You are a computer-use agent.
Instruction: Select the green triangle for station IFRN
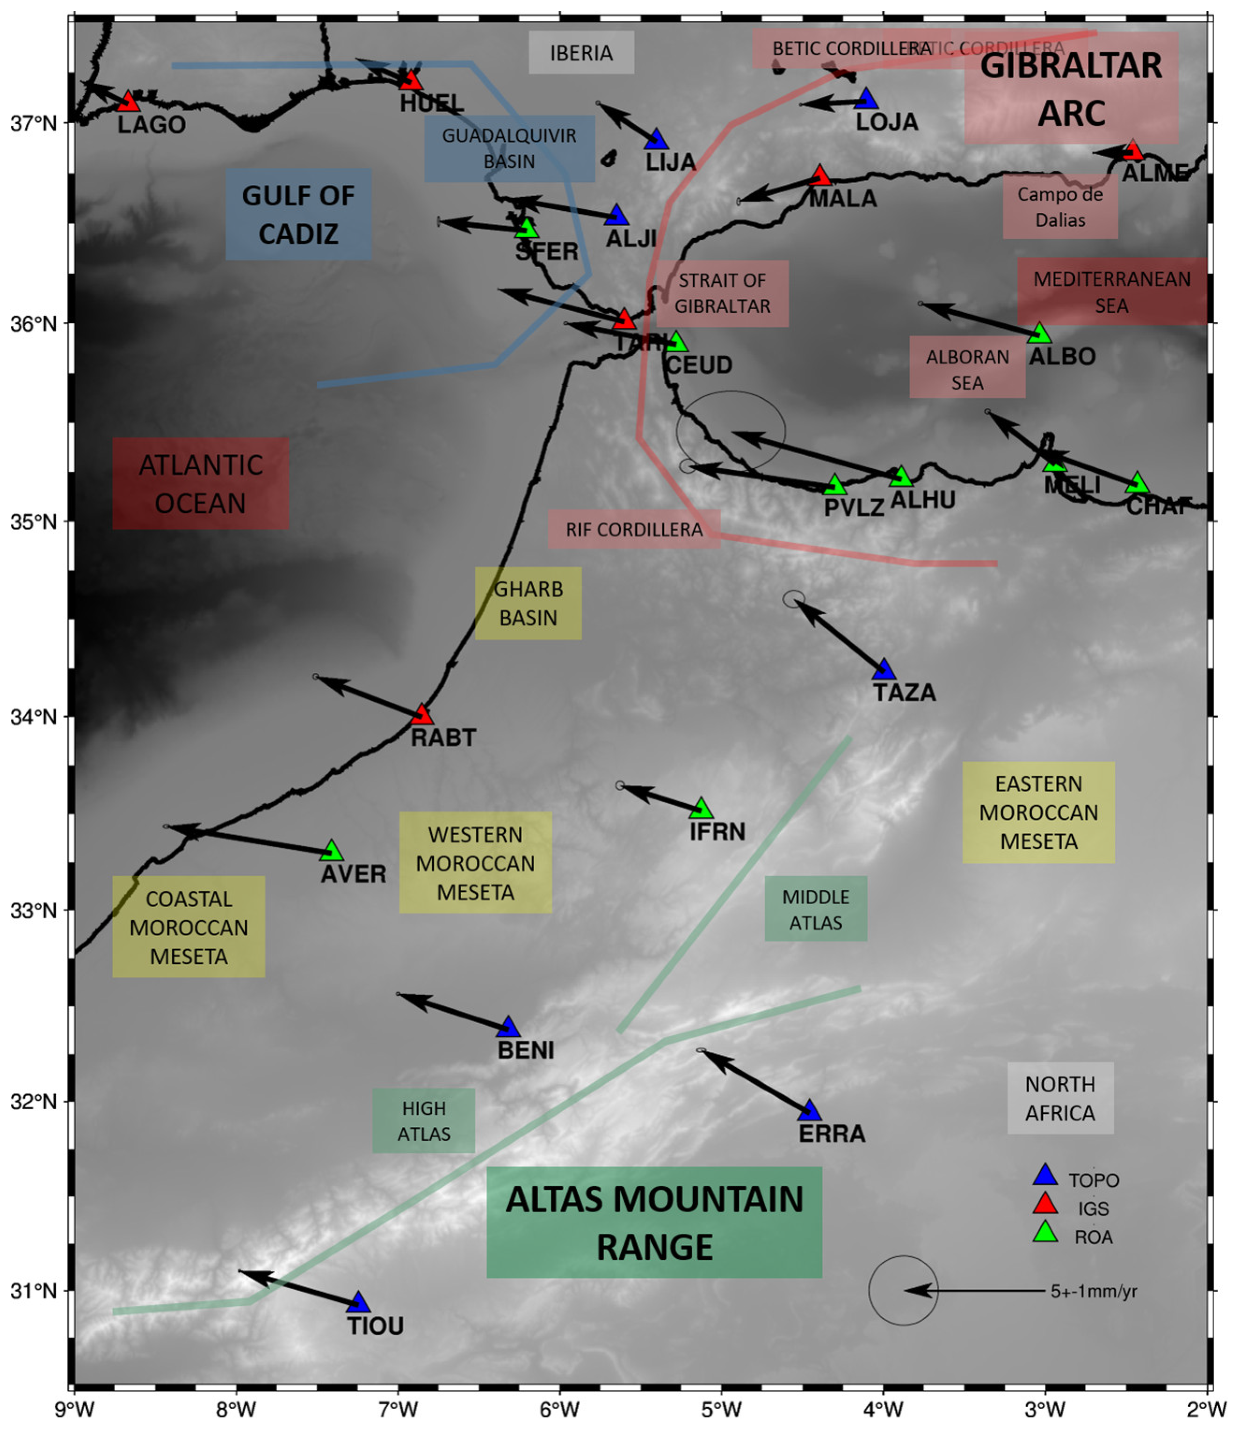coord(701,809)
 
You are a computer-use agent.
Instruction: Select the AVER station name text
coord(353,874)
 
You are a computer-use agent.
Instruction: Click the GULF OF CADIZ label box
coord(298,214)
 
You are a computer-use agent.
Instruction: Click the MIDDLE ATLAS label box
coord(815,910)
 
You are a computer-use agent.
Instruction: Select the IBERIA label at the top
coord(581,53)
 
